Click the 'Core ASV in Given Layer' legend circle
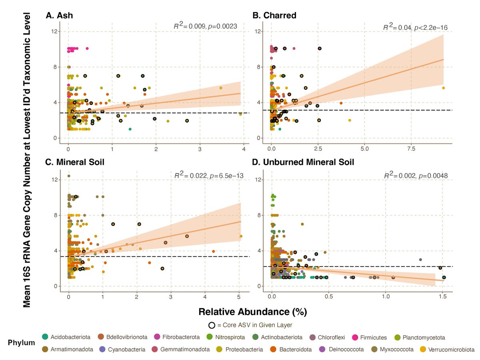pyautogui.click(x=212, y=325)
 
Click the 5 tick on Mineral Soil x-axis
pyautogui.click(x=239, y=296)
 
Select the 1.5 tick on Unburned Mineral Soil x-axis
pyautogui.click(x=442, y=296)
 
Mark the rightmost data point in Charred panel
pyautogui.click(x=443, y=88)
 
